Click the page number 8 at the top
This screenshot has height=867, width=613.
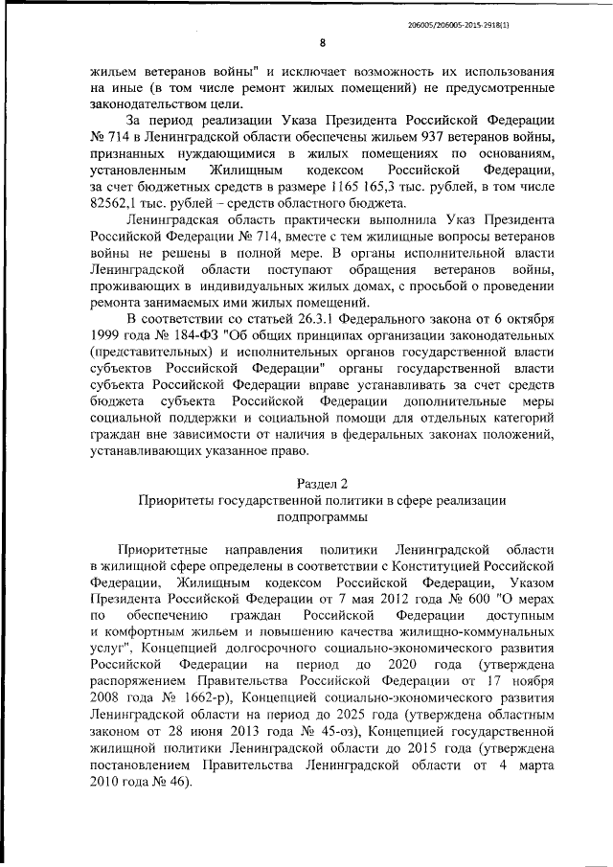(x=322, y=42)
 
